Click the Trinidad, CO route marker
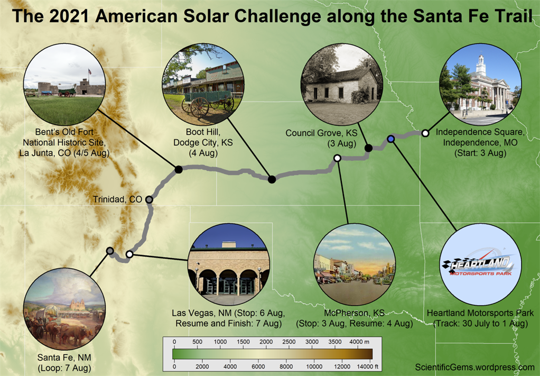coord(149,199)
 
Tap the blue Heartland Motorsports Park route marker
coord(390,139)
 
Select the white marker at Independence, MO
coord(425,133)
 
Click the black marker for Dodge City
coord(272,179)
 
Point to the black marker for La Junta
coord(179,169)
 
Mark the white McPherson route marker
coord(338,158)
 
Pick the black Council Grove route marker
coord(368,148)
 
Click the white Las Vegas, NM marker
coord(129,254)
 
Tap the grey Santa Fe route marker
coord(110,251)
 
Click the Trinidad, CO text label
coord(117,199)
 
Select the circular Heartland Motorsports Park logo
coord(481,264)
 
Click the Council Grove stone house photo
coord(342,85)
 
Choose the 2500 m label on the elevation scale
coord(288,342)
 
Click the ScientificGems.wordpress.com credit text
coord(474,367)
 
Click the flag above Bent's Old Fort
coord(90,72)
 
